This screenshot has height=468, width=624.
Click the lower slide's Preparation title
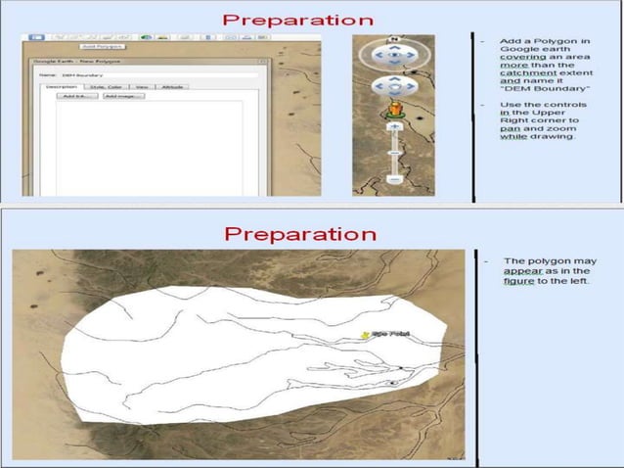coord(299,234)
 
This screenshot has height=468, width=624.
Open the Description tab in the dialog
coord(62,87)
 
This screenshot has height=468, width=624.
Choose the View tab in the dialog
coord(141,87)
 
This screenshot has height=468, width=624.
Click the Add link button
coord(71,96)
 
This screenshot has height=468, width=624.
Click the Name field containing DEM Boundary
coord(147,74)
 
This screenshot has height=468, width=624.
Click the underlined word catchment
coord(520,72)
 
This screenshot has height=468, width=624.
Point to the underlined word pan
coord(507,127)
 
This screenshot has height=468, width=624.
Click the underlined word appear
coord(524,271)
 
